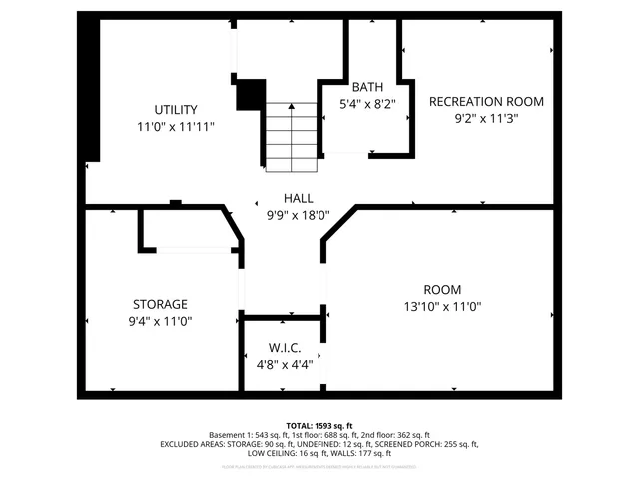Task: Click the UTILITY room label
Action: tap(175, 109)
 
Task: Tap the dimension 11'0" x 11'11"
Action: tap(175, 127)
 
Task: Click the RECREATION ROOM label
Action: tap(486, 101)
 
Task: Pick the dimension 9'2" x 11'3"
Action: tap(486, 118)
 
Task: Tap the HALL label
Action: tap(298, 198)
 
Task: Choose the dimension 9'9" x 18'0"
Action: tap(298, 215)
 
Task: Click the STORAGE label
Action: tap(160, 304)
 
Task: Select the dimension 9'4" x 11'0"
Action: tap(160, 321)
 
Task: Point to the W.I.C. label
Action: tap(284, 347)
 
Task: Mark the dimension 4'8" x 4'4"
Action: tap(284, 364)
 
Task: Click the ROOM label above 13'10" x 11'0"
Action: tap(441, 290)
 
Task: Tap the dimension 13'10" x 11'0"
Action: tap(441, 307)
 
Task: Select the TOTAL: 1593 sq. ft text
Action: tap(319, 425)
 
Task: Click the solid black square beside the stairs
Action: tap(250, 94)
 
